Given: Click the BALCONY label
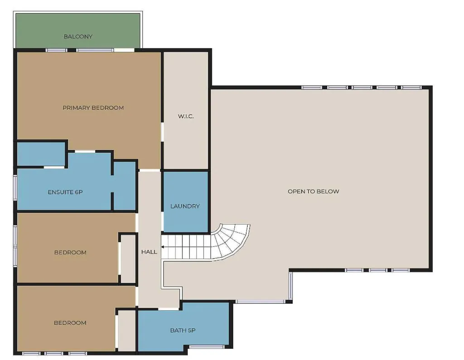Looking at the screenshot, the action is click(x=78, y=37).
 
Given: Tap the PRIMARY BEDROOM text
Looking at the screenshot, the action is click(x=93, y=108).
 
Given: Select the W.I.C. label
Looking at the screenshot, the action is click(x=186, y=116).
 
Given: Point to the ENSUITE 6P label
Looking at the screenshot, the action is click(x=65, y=192).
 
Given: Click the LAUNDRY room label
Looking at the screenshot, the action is click(x=185, y=206).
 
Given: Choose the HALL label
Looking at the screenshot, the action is click(x=149, y=252).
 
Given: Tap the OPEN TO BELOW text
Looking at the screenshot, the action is click(x=314, y=192).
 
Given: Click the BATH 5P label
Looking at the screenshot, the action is click(x=183, y=331).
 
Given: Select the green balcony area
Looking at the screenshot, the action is click(x=77, y=30).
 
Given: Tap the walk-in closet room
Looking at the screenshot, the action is click(x=186, y=110).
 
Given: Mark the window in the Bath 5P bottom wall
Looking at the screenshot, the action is click(x=207, y=347).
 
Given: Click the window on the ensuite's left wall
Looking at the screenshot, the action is click(x=15, y=187).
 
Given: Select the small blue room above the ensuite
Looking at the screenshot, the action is click(x=41, y=154).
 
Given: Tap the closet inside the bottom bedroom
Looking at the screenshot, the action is click(x=127, y=331).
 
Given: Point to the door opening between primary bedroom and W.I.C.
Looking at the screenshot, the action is click(x=162, y=132).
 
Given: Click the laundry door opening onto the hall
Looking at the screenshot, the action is click(x=162, y=221).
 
